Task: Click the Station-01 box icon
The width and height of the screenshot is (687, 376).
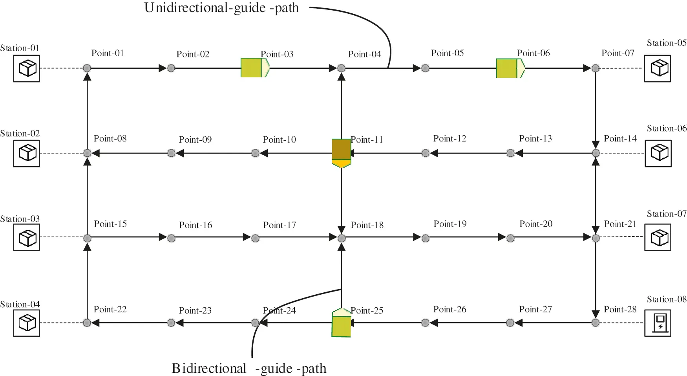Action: pyautogui.click(x=27, y=68)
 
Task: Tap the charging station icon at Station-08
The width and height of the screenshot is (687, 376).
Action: pyautogui.click(x=658, y=323)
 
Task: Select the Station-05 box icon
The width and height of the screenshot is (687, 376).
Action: pyautogui.click(x=657, y=68)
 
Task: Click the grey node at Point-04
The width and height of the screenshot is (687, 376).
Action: pyautogui.click(x=341, y=68)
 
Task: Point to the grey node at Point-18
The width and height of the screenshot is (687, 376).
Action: pyautogui.click(x=342, y=238)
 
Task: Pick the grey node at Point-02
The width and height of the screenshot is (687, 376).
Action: pyautogui.click(x=171, y=68)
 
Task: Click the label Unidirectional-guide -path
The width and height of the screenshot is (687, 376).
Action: pyautogui.click(x=221, y=8)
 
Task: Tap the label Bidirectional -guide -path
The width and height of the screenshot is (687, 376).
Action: pyautogui.click(x=249, y=368)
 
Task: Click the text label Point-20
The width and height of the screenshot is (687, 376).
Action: pyautogui.click(x=535, y=224)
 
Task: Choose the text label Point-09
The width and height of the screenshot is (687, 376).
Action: pyautogui.click(x=195, y=139)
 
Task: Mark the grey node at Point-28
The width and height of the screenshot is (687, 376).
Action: pyautogui.click(x=596, y=323)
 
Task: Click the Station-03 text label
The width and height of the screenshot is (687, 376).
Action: pyautogui.click(x=20, y=219)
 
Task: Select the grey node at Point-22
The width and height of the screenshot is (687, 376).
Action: pyautogui.click(x=87, y=323)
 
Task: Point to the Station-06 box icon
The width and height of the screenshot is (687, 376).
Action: pyautogui.click(x=658, y=153)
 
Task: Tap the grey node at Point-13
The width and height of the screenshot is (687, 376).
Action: pyautogui.click(x=510, y=153)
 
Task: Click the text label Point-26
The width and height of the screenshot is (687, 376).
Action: pyautogui.click(x=449, y=310)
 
